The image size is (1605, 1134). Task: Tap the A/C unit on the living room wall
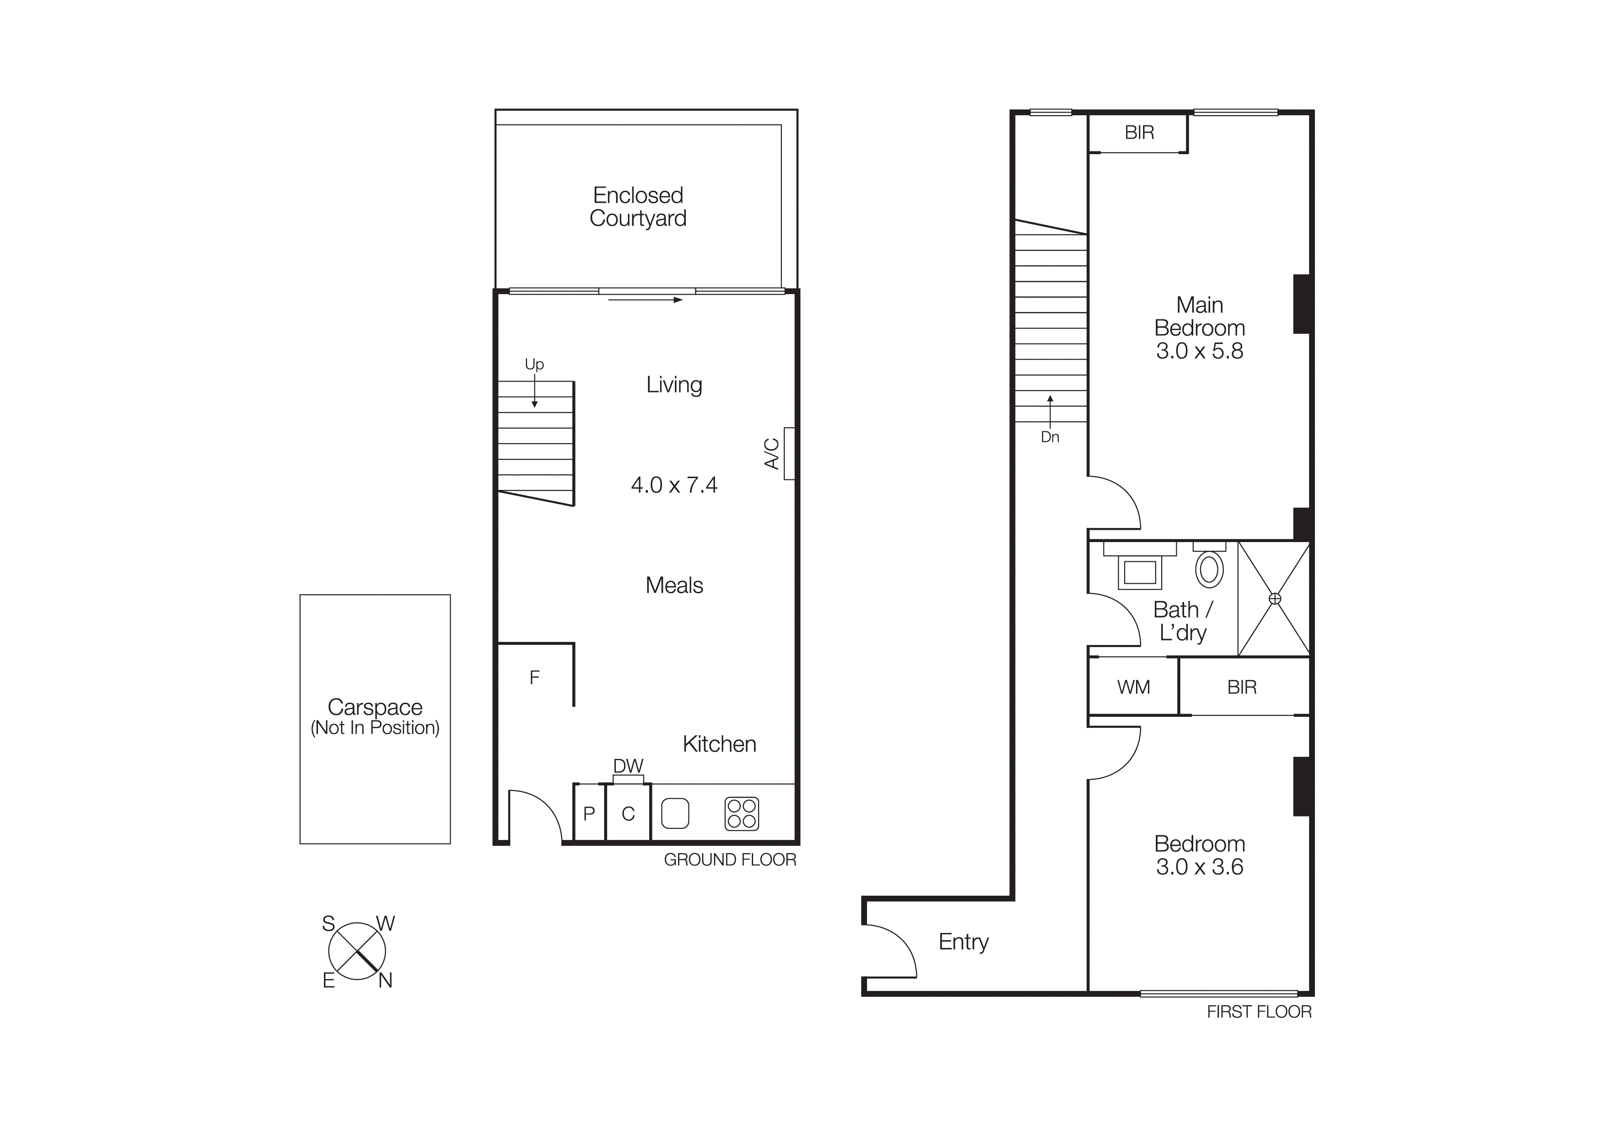(x=789, y=453)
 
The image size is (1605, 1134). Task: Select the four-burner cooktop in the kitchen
(x=742, y=814)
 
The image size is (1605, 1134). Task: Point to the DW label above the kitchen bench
(x=628, y=766)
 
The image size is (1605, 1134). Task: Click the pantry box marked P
(x=589, y=813)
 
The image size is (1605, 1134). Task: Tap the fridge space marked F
(x=535, y=678)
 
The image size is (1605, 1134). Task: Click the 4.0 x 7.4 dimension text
(x=674, y=485)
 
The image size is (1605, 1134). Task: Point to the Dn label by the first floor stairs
(x=1050, y=437)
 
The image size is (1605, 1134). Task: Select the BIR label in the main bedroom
(x=1139, y=133)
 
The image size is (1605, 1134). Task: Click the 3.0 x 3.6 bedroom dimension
(x=1200, y=867)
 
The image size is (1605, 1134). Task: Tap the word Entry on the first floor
(x=963, y=942)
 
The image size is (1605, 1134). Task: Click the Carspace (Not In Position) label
(x=375, y=717)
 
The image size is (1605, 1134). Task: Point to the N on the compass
(x=385, y=981)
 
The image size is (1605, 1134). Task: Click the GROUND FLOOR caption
(x=730, y=860)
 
